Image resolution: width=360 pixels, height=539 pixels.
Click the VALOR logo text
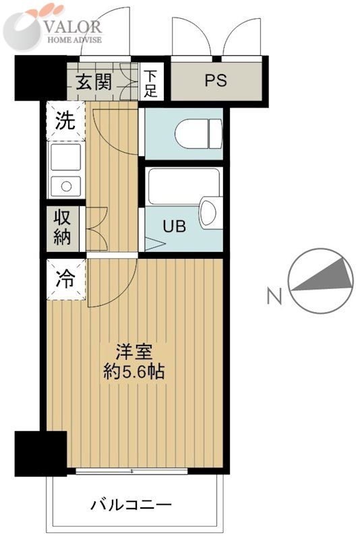pos(74,27)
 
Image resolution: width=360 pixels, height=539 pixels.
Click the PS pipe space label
pos(216,81)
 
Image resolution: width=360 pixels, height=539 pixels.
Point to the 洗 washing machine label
pos(65,121)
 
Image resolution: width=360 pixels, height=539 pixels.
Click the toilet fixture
pos(198,133)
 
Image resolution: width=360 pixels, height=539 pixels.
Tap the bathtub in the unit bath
pos(183,186)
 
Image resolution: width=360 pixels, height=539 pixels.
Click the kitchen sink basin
pos(65,159)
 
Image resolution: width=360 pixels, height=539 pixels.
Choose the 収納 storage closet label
pos(65,227)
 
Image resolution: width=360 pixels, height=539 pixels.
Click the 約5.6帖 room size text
pos(135,371)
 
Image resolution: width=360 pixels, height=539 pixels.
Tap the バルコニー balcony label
pos(131,503)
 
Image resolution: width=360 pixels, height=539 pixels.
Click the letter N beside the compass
pos(273,296)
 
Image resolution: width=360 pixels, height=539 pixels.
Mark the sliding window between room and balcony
pos(132,471)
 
